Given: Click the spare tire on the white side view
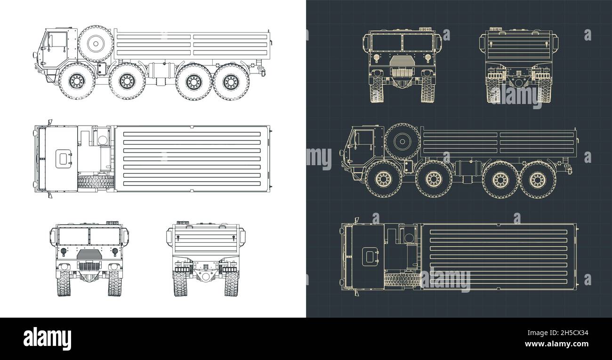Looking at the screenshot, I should point(96,44).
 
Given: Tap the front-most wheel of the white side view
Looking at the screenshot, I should point(76,82).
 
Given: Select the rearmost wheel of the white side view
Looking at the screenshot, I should point(231,82).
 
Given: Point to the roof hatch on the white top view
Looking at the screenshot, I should point(63,159).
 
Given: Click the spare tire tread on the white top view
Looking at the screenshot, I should point(96,182).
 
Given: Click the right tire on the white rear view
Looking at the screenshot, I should point(230,283).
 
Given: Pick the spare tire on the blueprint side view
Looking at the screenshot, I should point(402,142).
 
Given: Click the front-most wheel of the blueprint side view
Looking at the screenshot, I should point(383,179).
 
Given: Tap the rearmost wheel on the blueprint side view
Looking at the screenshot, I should point(537,179).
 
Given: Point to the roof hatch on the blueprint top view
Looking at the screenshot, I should point(369,256).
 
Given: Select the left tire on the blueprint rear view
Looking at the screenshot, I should point(493,89).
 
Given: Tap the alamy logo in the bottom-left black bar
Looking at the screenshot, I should point(47,338).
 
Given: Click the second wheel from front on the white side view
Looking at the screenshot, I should point(127,82).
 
